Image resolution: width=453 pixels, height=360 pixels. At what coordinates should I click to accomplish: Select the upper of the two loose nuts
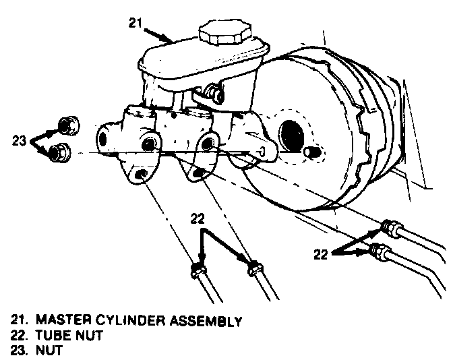(67, 125)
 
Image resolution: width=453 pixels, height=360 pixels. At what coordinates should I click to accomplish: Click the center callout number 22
(197, 219)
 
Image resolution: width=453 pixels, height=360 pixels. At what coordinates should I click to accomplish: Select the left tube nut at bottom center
(198, 270)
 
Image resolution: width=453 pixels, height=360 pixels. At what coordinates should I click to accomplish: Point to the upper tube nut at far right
(389, 226)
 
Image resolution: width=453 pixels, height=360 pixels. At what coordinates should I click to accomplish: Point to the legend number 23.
(18, 351)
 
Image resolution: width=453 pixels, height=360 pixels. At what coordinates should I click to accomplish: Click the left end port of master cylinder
(103, 139)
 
